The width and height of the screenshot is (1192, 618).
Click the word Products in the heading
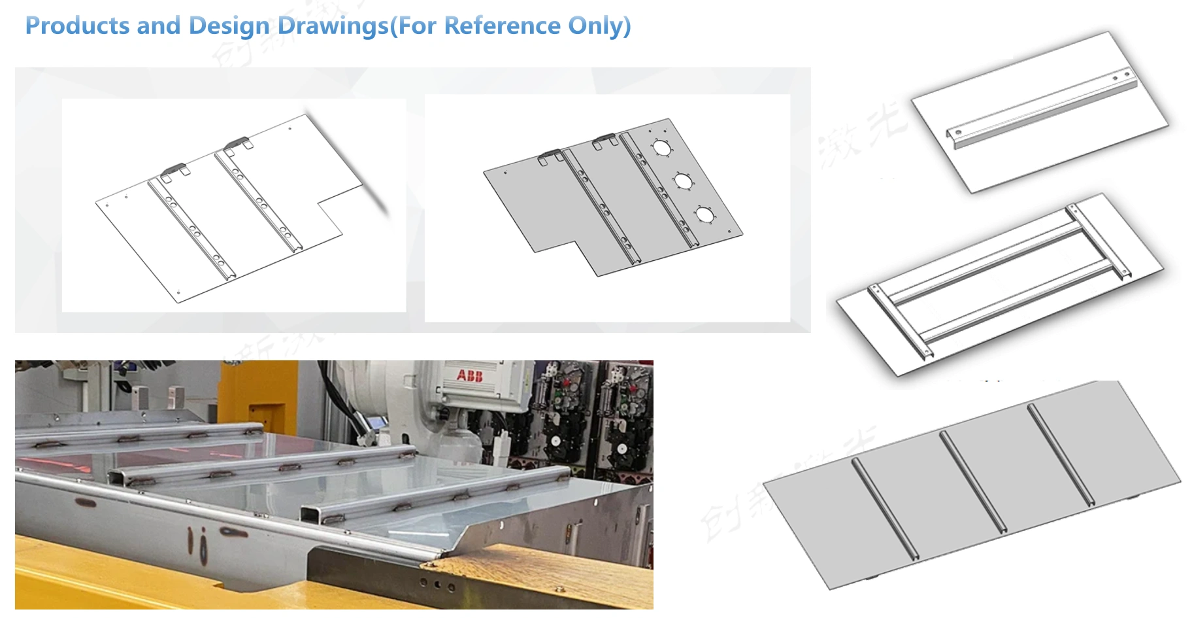[x=77, y=26]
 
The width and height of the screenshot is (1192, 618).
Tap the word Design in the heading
[x=228, y=26]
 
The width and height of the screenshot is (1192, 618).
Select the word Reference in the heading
[x=502, y=26]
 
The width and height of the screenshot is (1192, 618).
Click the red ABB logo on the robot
[x=469, y=375]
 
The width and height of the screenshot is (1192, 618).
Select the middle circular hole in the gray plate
[x=683, y=181]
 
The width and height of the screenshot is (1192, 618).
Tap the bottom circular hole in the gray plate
[x=704, y=214]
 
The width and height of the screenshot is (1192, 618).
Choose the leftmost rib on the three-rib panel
[x=885, y=509]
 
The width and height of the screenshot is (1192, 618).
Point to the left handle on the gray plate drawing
[x=551, y=156]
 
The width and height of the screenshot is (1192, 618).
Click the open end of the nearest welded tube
[x=312, y=513]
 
